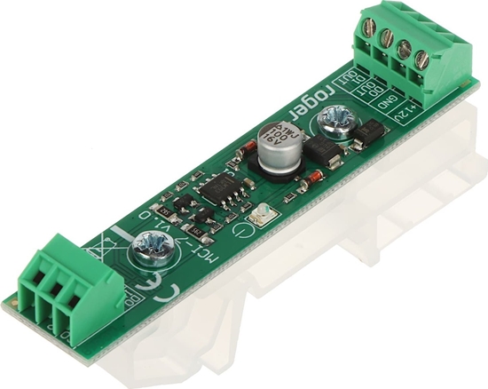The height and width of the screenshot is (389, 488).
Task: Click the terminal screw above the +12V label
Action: (x=422, y=60)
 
